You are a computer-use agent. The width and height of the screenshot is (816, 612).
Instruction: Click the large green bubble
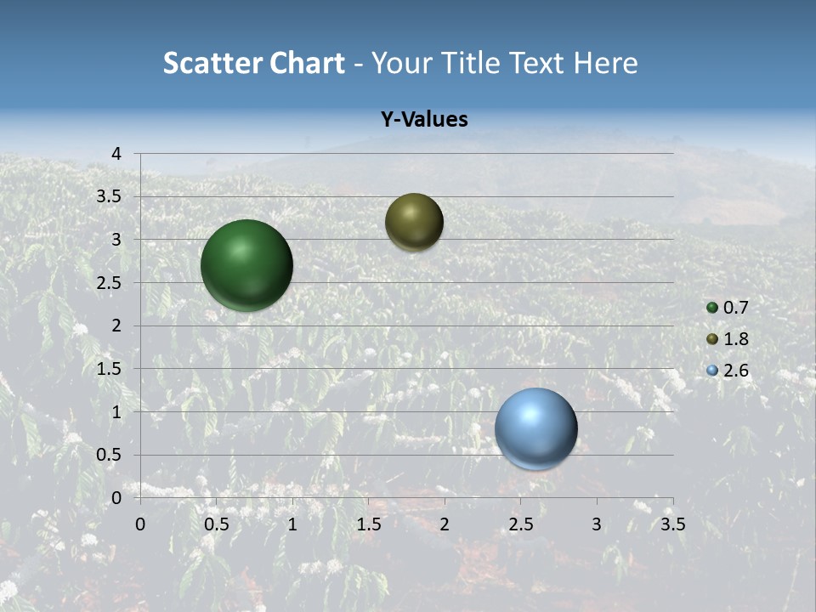pos(246,265)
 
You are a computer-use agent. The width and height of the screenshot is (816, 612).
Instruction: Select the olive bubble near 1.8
pos(414,222)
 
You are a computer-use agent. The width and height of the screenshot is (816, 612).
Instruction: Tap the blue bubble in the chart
pos(535,428)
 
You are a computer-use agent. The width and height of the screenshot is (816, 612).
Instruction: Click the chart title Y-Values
pos(423,120)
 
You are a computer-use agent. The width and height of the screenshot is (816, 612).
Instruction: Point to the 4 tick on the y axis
pos(116,153)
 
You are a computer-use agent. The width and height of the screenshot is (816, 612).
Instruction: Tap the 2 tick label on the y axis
pos(116,326)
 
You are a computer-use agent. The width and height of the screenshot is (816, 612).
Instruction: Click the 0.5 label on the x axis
pos(216,524)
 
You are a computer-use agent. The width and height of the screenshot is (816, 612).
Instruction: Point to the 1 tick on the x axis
pos(292,524)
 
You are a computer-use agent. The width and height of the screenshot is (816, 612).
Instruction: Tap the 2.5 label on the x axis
pos(520,524)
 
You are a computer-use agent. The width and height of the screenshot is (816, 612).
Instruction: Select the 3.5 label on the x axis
pos(672,524)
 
